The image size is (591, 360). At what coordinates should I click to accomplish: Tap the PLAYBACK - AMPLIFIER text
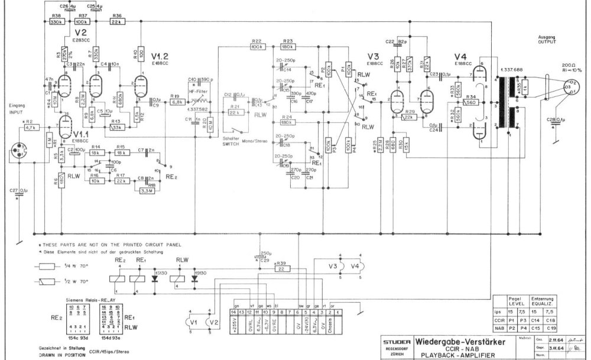(x=458, y=356)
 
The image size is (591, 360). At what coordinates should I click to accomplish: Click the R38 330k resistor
(x=57, y=21)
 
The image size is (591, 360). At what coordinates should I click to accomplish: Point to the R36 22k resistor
(x=116, y=21)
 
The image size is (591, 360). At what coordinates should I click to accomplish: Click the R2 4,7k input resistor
(x=31, y=126)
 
